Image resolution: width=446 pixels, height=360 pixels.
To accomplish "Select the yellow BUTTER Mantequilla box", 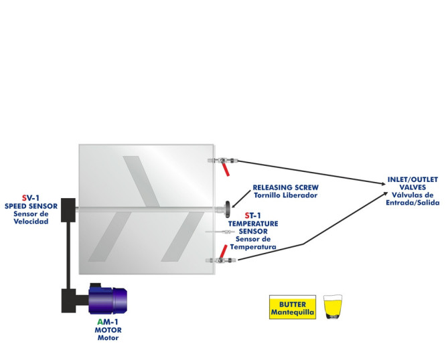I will (x=292, y=307).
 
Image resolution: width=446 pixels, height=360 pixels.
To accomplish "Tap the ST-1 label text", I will (x=252, y=215).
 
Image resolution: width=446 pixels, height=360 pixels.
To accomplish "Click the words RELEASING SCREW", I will (x=285, y=187).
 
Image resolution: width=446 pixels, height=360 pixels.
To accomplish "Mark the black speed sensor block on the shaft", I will (x=70, y=209).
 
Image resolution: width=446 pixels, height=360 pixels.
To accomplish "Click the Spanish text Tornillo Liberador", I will (x=285, y=195).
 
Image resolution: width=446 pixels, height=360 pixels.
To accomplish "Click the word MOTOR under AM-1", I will (x=107, y=330).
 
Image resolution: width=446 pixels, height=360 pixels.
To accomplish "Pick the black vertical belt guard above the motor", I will (x=66, y=254).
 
